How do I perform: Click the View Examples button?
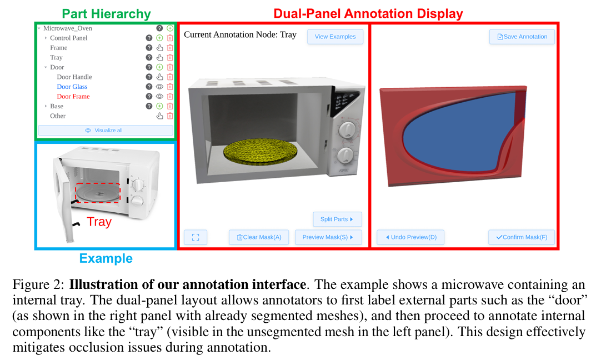click(335, 37)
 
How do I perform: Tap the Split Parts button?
click(337, 219)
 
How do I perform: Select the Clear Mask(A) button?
click(259, 237)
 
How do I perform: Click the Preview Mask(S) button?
click(328, 237)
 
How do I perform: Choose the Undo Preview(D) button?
click(410, 237)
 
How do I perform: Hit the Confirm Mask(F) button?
click(522, 237)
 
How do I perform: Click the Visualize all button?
click(106, 131)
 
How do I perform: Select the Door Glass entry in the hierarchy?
click(72, 87)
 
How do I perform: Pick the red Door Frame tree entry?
click(73, 96)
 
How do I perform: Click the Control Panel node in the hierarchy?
click(69, 38)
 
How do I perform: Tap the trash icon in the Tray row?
click(170, 57)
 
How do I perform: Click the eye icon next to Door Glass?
click(159, 87)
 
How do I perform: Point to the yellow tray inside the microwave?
click(260, 153)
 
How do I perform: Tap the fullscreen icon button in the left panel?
click(196, 237)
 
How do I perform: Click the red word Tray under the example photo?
click(99, 222)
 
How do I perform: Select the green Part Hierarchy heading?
click(106, 14)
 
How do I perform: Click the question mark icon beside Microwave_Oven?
click(159, 28)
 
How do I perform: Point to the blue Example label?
click(106, 258)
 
